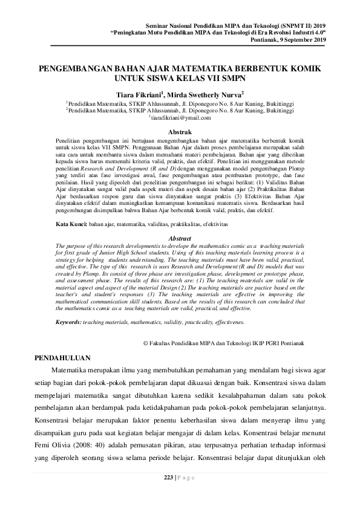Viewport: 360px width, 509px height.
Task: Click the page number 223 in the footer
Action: tap(169, 478)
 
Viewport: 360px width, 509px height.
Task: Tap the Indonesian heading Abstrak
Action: tap(180, 132)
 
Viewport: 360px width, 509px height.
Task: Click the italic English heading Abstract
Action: tap(180, 255)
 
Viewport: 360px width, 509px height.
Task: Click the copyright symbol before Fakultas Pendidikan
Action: tap(144, 343)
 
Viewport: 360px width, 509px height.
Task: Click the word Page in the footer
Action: tap(186, 478)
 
